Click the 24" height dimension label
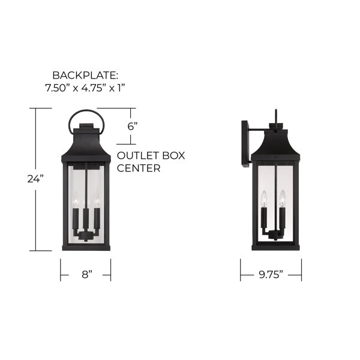click(x=35, y=179)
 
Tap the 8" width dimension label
click(x=87, y=274)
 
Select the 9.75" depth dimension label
click(x=271, y=274)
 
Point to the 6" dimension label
click(x=133, y=126)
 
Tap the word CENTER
click(x=139, y=168)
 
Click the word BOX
click(x=173, y=155)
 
